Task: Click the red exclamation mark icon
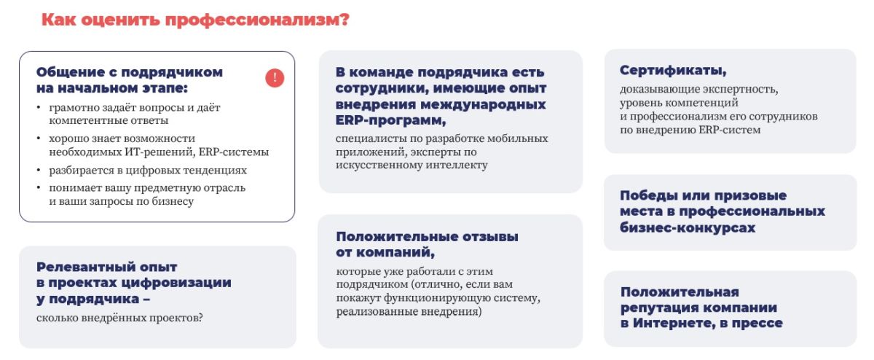click(275, 78)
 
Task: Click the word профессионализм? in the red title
click(257, 20)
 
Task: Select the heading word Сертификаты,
click(673, 71)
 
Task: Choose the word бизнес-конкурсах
click(688, 227)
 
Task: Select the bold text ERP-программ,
click(390, 121)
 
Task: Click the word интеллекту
click(457, 165)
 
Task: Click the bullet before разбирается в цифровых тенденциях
click(38, 171)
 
